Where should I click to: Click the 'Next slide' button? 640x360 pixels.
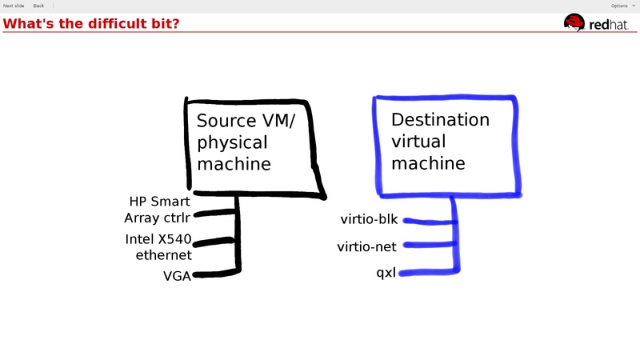pos(14,6)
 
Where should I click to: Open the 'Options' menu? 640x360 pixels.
pos(621,6)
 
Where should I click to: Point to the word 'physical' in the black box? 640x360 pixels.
pos(232,142)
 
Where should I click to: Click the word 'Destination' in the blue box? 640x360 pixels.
pos(440,120)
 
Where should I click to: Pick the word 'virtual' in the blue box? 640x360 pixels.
pos(418,142)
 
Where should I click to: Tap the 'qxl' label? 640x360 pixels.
pos(386,274)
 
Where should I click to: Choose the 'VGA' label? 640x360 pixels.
pos(177,277)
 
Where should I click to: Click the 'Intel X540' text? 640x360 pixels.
pos(158,239)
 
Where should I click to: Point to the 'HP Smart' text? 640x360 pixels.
pos(159,202)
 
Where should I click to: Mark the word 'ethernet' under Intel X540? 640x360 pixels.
pos(164,255)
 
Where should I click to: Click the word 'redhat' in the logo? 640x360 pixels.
pos(610,25)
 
